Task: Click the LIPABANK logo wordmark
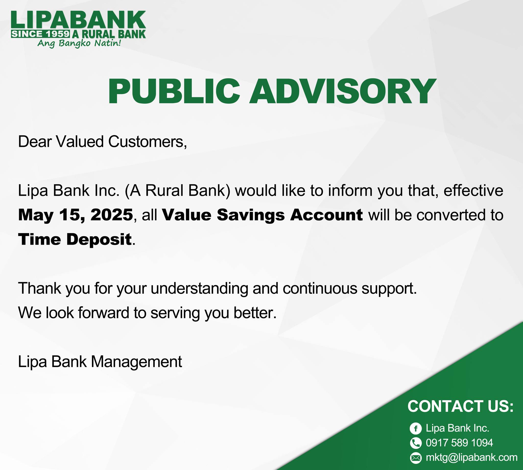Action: [x=78, y=20]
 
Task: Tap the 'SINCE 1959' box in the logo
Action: [x=41, y=34]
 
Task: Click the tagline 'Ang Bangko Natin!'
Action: [x=79, y=43]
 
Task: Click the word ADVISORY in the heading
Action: [x=342, y=91]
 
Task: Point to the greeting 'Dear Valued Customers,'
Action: [x=102, y=142]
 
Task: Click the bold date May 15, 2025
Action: [x=76, y=215]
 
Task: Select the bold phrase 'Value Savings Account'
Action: [x=262, y=215]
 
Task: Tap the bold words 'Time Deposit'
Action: [x=75, y=239]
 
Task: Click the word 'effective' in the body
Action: [x=473, y=190]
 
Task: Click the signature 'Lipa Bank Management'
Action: [x=100, y=362]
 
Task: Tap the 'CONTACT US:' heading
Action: [x=460, y=406]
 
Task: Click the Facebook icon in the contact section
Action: [x=415, y=428]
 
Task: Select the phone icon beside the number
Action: [x=415, y=443]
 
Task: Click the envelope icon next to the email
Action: [x=415, y=458]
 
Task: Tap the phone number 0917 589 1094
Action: [x=459, y=443]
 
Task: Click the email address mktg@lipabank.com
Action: [x=472, y=457]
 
